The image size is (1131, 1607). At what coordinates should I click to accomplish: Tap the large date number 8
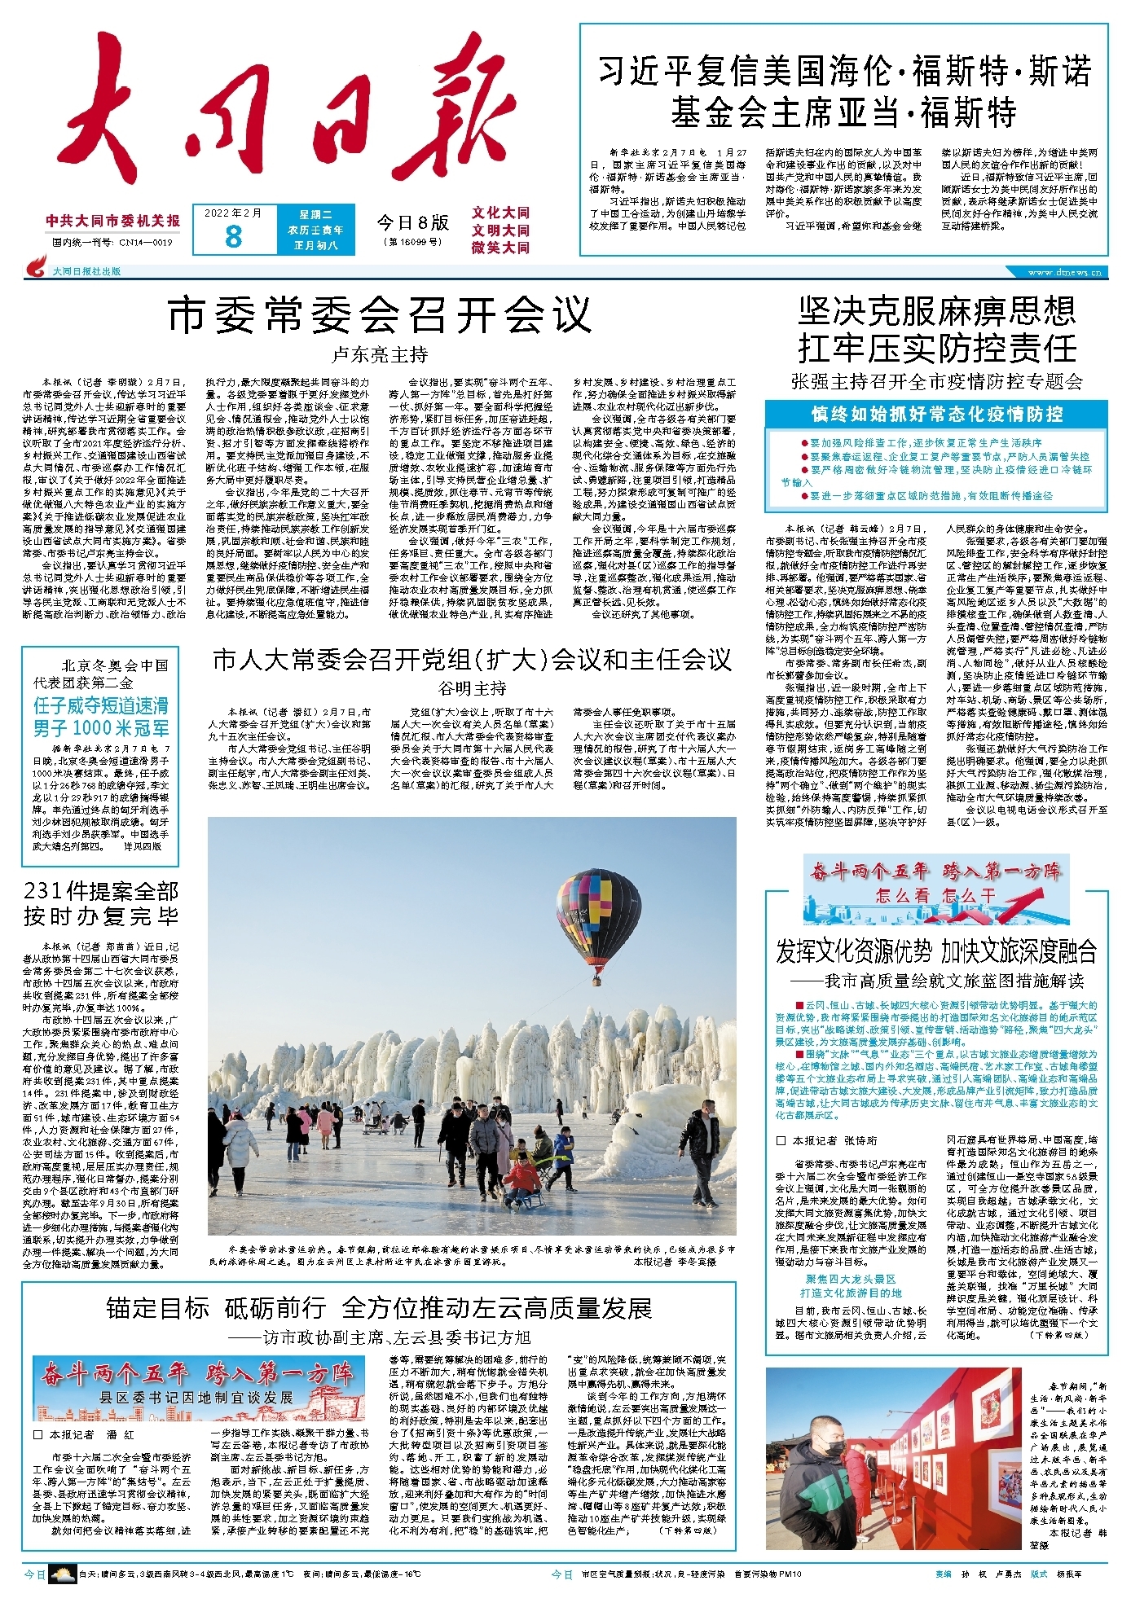pyautogui.click(x=233, y=236)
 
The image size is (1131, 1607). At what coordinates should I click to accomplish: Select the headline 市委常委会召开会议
pyautogui.click(x=380, y=315)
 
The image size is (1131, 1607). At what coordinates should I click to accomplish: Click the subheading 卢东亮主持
pyautogui.click(x=380, y=355)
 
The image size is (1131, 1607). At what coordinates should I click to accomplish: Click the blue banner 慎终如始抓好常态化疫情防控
pyautogui.click(x=936, y=414)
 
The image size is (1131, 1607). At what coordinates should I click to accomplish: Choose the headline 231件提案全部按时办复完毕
pyautogui.click(x=100, y=904)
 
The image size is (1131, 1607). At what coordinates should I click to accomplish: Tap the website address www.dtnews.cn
pyautogui.click(x=1064, y=273)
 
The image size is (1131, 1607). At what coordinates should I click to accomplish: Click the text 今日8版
pyautogui.click(x=412, y=222)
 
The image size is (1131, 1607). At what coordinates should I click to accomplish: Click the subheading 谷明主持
pyautogui.click(x=472, y=688)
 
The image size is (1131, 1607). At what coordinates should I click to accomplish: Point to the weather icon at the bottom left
pyautogui.click(x=62, y=1574)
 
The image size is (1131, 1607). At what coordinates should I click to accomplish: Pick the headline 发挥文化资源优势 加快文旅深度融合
pyautogui.click(x=936, y=951)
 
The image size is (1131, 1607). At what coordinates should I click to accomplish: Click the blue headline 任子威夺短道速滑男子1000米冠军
pyautogui.click(x=100, y=717)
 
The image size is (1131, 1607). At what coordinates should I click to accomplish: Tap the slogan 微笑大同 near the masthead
pyautogui.click(x=500, y=248)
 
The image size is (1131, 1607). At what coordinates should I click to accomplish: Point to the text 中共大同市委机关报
pyautogui.click(x=113, y=221)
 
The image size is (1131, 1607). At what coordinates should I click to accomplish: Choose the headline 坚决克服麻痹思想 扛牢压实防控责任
pyautogui.click(x=936, y=330)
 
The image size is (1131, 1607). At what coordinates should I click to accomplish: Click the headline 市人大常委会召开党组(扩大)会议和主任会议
pyautogui.click(x=472, y=660)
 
